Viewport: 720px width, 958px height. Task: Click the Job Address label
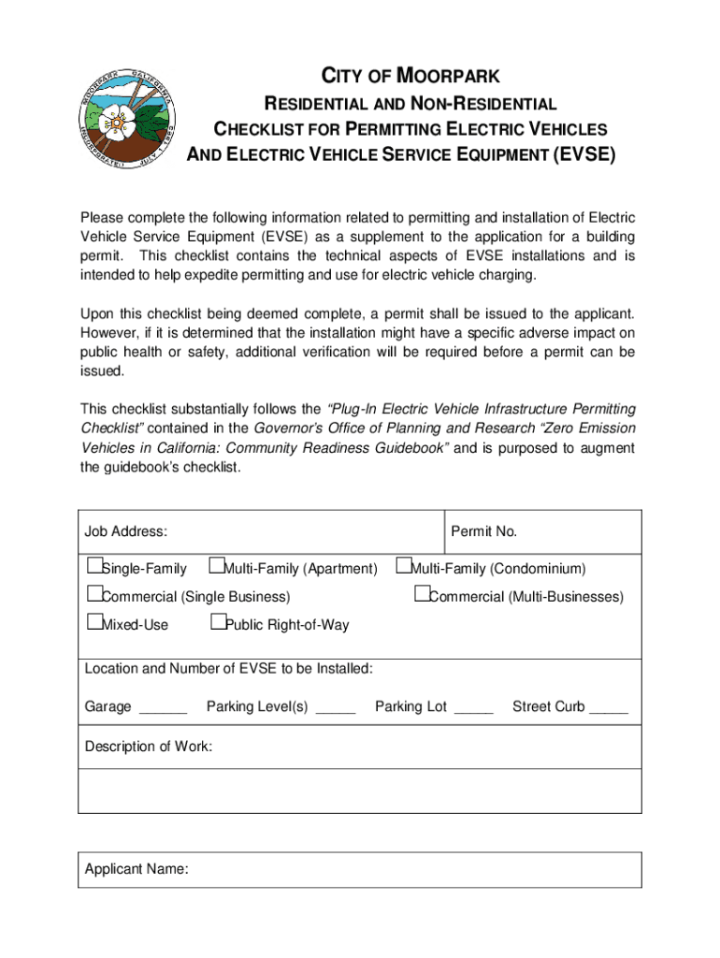click(x=126, y=532)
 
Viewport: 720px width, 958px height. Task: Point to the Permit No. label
click(x=483, y=532)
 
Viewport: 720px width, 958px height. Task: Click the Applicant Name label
click(x=137, y=870)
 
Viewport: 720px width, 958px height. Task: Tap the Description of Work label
click(x=149, y=747)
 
